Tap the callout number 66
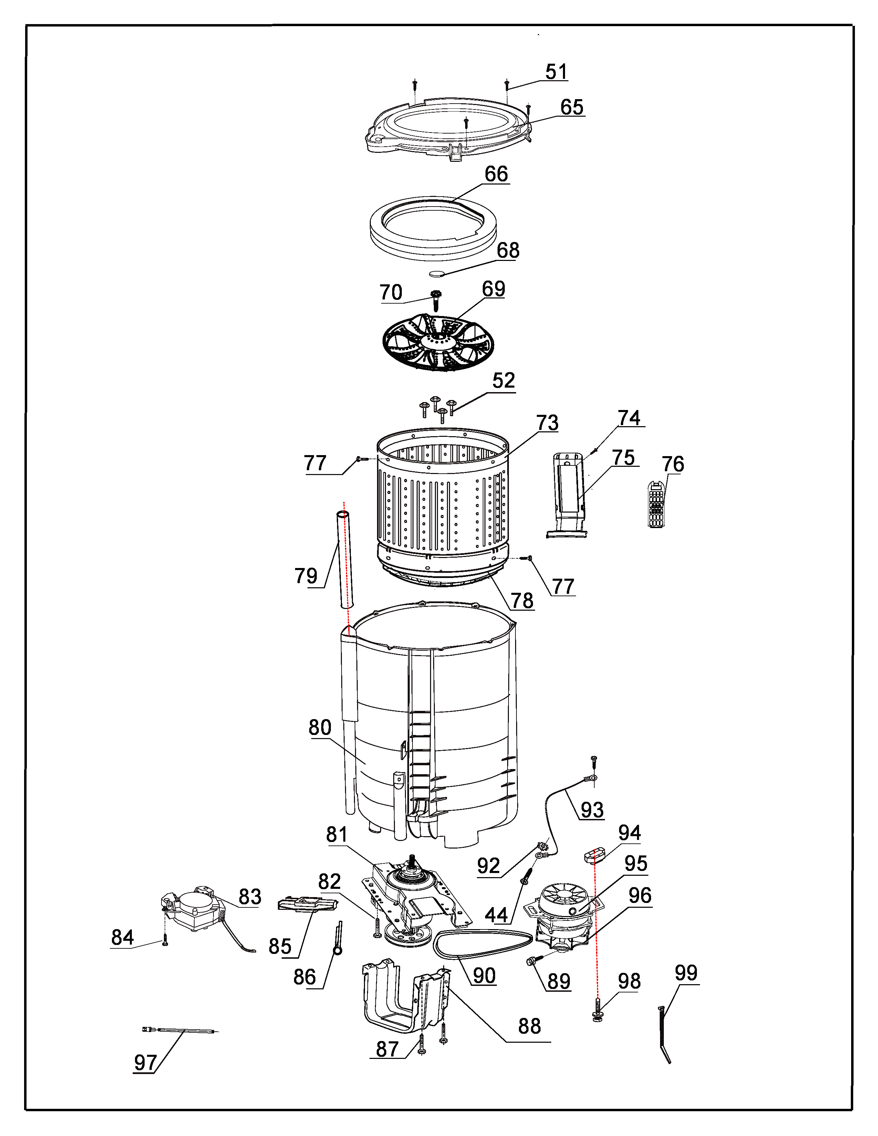click(x=496, y=174)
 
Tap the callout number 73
click(x=547, y=423)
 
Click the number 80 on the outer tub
click(x=320, y=727)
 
